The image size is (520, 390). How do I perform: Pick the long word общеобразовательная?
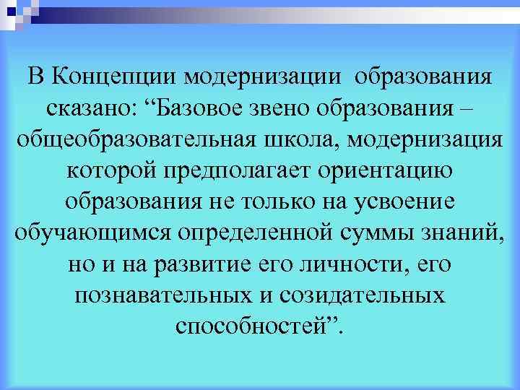click(129, 139)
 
